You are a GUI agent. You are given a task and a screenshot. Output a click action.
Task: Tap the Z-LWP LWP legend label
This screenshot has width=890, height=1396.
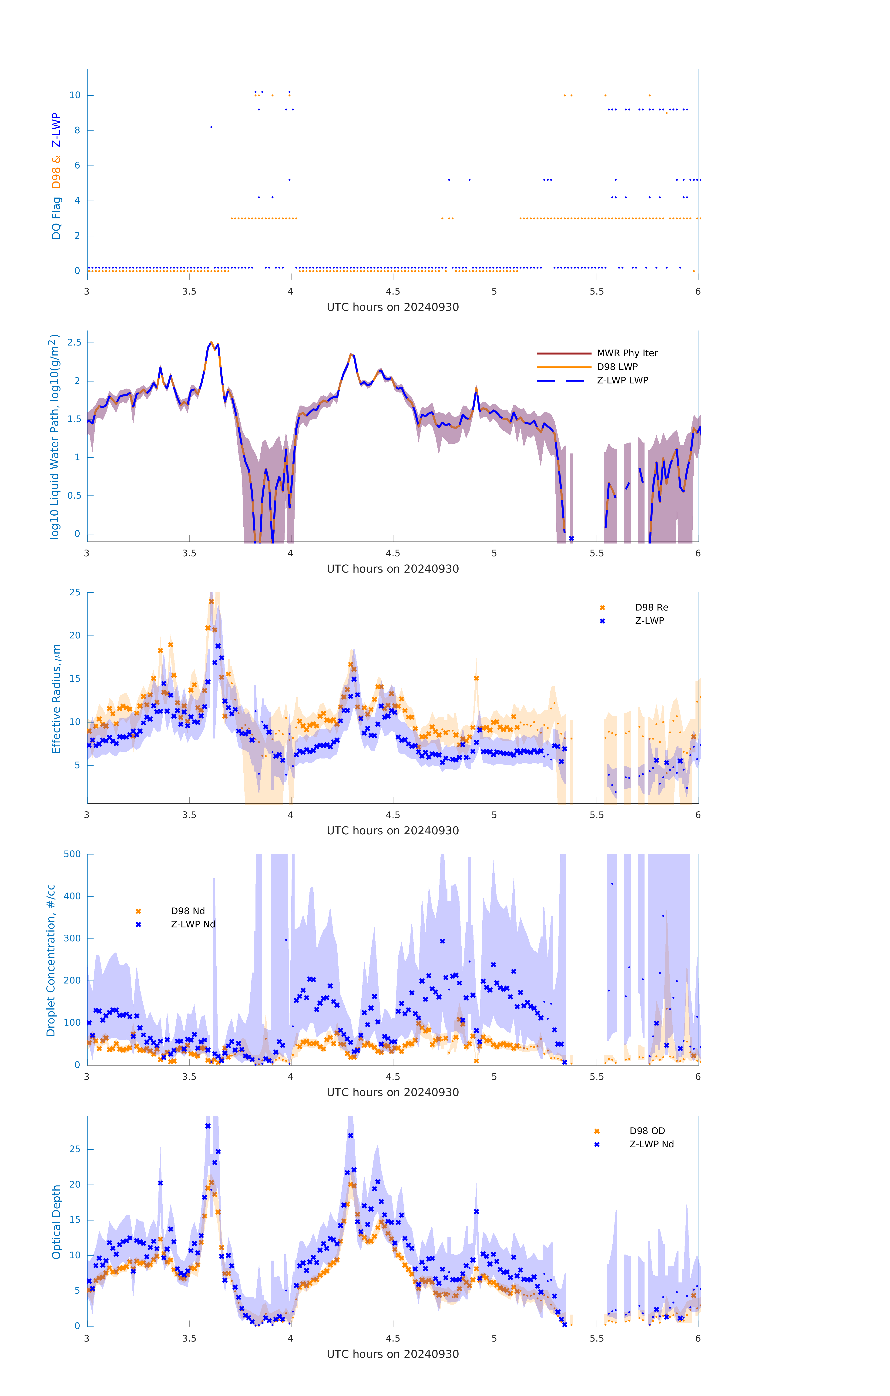pyautogui.click(x=622, y=380)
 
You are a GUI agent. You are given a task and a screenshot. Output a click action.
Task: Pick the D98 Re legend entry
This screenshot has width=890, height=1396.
pyautogui.click(x=651, y=607)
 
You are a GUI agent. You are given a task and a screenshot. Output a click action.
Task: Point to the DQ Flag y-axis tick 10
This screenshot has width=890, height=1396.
pyautogui.click(x=75, y=95)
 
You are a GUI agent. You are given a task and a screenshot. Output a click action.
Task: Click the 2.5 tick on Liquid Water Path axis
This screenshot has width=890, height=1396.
pyautogui.click(x=74, y=343)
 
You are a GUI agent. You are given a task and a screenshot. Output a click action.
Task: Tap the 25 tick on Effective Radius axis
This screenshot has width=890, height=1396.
pyautogui.click(x=75, y=593)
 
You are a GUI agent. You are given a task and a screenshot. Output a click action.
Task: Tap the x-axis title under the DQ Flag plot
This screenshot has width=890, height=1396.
pyautogui.click(x=393, y=307)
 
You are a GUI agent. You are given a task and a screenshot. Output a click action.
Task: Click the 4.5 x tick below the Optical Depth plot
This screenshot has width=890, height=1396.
pyautogui.click(x=393, y=1339)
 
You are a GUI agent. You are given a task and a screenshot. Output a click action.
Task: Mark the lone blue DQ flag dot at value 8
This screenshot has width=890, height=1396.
pyautogui.click(x=211, y=127)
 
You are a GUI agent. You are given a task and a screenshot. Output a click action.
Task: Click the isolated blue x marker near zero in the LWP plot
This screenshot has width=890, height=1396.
pyautogui.click(x=571, y=539)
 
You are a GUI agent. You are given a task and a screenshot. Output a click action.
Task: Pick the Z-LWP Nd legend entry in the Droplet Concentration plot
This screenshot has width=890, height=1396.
pyautogui.click(x=192, y=925)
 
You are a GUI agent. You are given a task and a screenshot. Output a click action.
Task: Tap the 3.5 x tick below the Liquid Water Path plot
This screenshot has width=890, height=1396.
pyautogui.click(x=189, y=554)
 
